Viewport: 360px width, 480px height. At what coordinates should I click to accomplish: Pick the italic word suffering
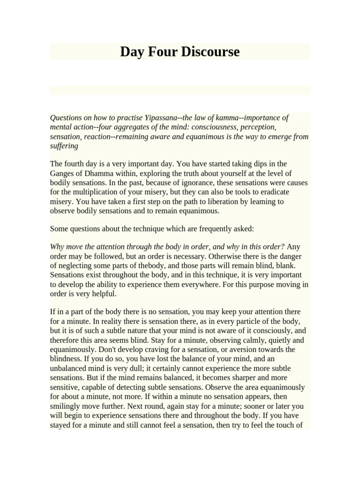pyautogui.click(x=64, y=146)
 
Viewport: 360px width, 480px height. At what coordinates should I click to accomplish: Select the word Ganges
pyautogui.click(x=64, y=173)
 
